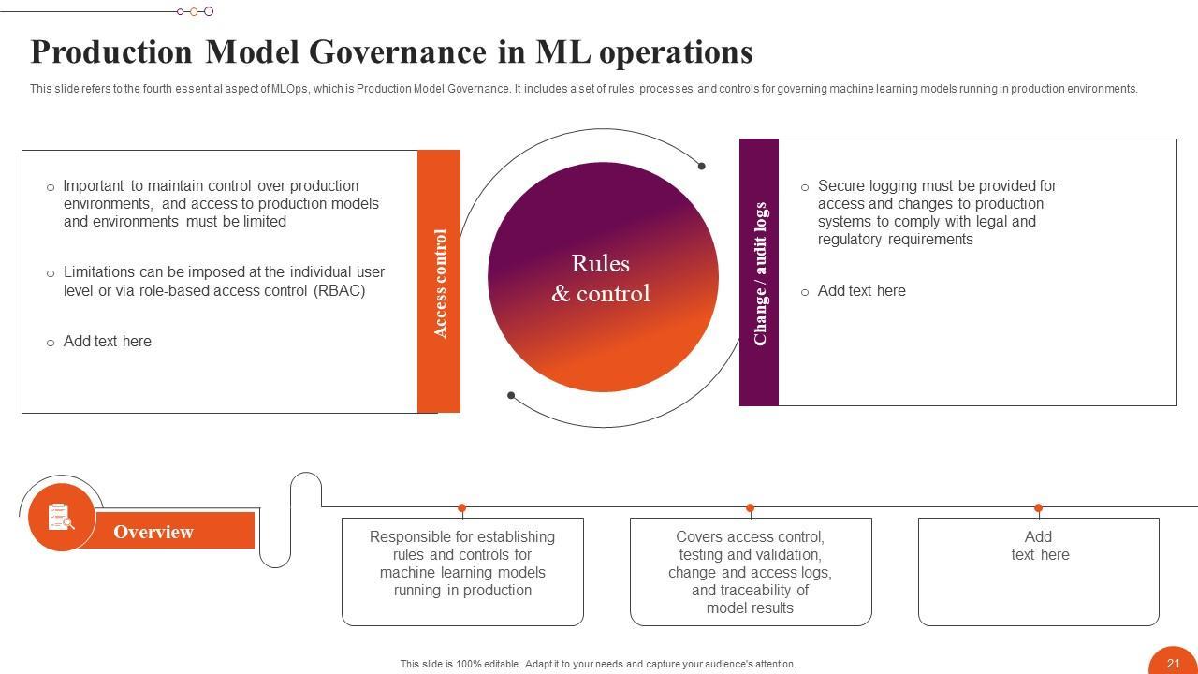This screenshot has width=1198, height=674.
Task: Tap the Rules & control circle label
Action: (601, 278)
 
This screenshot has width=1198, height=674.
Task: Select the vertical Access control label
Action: (440, 283)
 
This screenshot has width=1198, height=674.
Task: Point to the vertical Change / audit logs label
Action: (760, 273)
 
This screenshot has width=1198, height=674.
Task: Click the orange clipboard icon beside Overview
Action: (61, 517)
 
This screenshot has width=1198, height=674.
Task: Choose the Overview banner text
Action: (153, 532)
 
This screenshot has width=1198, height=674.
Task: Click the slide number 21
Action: (1173, 663)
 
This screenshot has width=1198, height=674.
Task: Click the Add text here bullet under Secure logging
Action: (861, 291)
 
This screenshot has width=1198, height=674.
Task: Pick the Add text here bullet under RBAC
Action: (107, 342)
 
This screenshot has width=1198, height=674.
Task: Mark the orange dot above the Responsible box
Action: (462, 507)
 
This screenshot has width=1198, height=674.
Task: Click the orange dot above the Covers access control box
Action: (750, 507)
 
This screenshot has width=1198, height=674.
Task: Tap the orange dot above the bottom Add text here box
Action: (1038, 507)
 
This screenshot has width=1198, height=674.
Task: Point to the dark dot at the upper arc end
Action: (701, 166)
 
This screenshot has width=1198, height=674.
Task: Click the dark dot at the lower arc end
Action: (511, 395)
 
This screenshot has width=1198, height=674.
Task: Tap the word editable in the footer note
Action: (501, 664)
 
